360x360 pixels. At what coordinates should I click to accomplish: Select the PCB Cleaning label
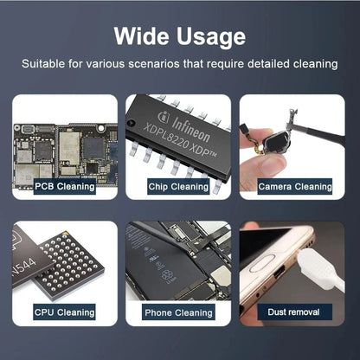(x=64, y=185)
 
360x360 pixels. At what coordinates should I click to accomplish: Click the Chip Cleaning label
(x=178, y=185)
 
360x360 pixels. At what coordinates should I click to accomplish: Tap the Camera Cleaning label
(x=295, y=185)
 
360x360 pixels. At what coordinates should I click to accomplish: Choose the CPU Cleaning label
(x=64, y=312)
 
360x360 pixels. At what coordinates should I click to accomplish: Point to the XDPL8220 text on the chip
(x=169, y=138)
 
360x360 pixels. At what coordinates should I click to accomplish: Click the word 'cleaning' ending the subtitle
(x=314, y=65)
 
